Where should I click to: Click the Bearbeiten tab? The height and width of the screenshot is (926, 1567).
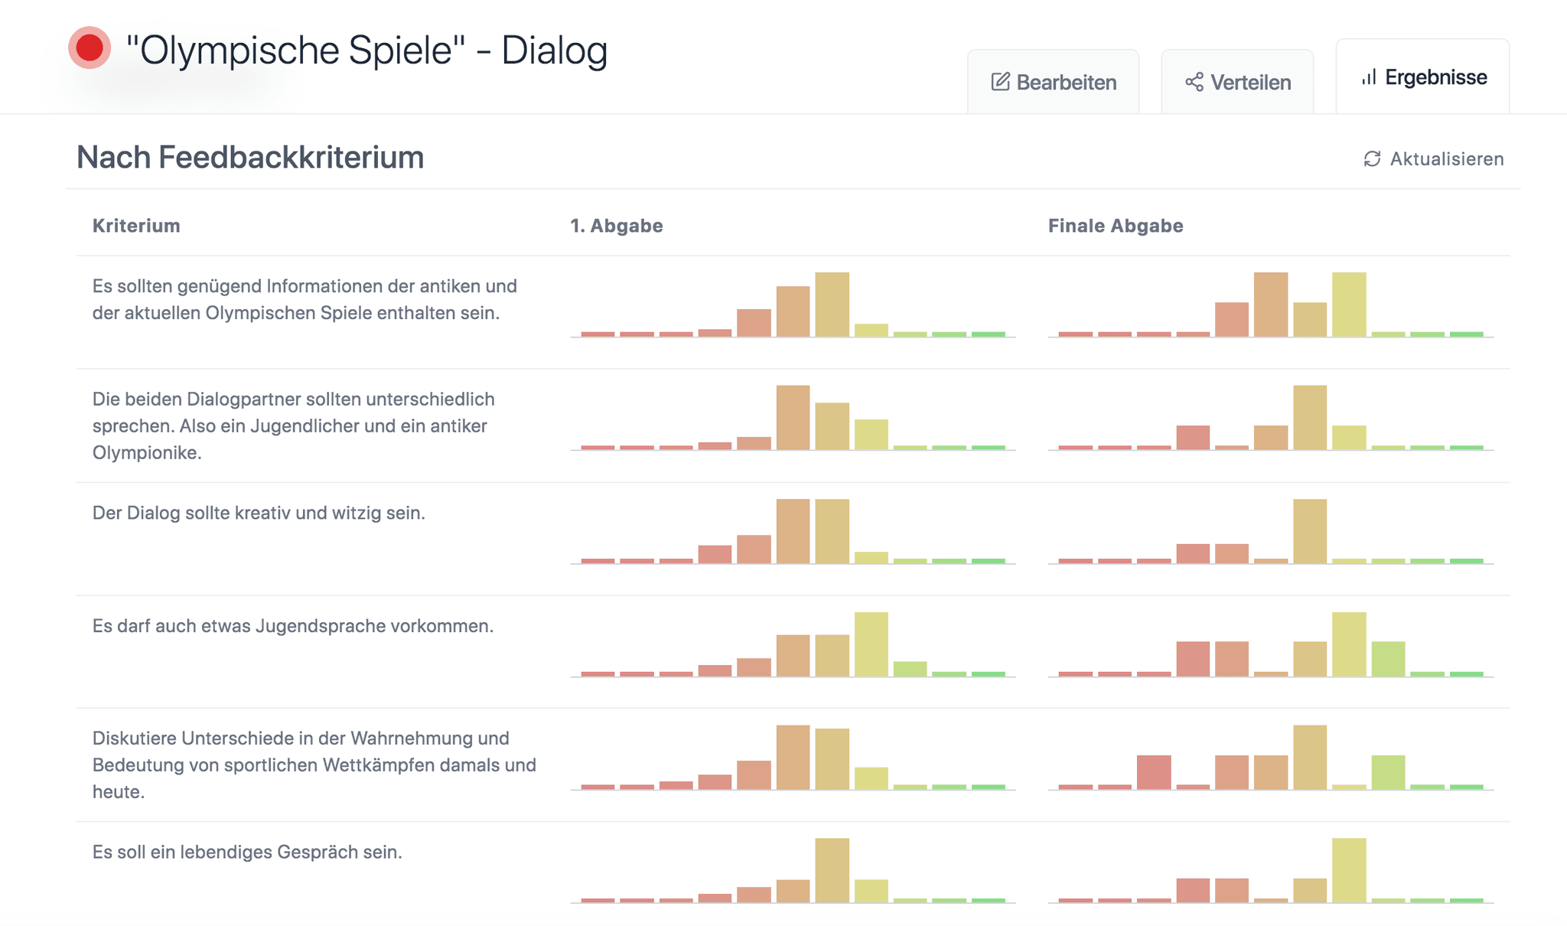coord(1054,82)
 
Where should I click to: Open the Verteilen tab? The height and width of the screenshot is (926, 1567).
coord(1237,82)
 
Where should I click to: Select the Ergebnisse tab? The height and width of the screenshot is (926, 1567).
coord(1423,77)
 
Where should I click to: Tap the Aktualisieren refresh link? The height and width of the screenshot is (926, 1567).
coord(1433,158)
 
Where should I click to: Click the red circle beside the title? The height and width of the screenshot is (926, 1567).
coord(90,47)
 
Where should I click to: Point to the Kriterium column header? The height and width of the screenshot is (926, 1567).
coord(136,226)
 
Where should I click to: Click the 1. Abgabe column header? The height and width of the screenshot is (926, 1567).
coord(617,226)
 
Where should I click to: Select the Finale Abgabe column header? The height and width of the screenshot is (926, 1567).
coord(1116,226)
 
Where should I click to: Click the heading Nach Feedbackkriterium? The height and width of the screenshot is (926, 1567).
coord(250,157)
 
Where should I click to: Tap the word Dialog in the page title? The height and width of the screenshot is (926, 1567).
coord(554,51)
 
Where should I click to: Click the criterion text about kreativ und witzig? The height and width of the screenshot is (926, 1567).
coord(259,513)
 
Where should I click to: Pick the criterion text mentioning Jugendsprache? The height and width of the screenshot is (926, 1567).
coord(293,626)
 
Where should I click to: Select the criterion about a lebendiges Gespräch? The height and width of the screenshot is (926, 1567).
coord(247,852)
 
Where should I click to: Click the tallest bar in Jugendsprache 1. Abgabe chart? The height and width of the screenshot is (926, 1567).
coord(871,644)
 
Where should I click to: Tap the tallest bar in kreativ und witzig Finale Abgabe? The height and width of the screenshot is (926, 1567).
coord(1310,531)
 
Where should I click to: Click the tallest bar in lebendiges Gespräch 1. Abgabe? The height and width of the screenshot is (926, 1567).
coord(832,870)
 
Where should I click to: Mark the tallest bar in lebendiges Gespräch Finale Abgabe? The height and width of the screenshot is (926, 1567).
coord(1349,870)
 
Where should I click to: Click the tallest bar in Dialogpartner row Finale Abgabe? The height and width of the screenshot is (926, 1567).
coord(1310,418)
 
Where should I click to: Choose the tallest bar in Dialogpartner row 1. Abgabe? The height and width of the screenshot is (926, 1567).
coord(793,418)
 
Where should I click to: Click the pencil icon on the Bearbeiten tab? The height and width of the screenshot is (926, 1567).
coord(1000,82)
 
